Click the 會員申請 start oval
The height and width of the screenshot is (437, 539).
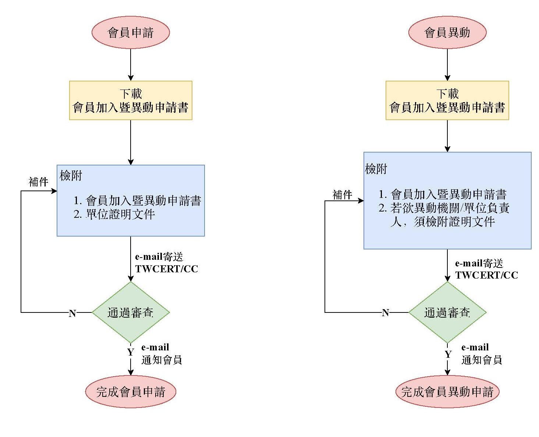pyautogui.click(x=131, y=32)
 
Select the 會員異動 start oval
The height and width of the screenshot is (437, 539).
pyautogui.click(x=447, y=32)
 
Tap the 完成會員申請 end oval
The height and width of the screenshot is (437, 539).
pyautogui.click(x=131, y=391)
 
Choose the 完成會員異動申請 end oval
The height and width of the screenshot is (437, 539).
pyautogui.click(x=447, y=391)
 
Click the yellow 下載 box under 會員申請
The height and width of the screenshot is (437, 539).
pyautogui.click(x=131, y=100)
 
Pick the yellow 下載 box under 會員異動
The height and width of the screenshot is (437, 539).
pyautogui.click(x=447, y=100)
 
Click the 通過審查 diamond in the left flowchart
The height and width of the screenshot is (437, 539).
pyautogui.click(x=131, y=312)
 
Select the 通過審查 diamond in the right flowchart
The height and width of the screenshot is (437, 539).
pyautogui.click(x=447, y=312)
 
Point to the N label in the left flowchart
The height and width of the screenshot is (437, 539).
pyautogui.click(x=72, y=313)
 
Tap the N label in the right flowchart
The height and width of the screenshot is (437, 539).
pyautogui.click(x=385, y=313)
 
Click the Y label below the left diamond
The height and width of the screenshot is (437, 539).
pyautogui.click(x=131, y=352)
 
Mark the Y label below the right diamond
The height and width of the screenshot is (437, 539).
pyautogui.click(x=448, y=354)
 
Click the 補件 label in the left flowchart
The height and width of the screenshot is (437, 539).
pyautogui.click(x=38, y=182)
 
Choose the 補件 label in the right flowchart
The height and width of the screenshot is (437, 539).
pyautogui.click(x=342, y=195)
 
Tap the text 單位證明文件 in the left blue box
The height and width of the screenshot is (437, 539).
pyautogui.click(x=120, y=214)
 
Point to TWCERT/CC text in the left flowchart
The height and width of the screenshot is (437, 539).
pyautogui.click(x=166, y=269)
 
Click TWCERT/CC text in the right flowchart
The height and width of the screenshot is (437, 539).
pyautogui.click(x=486, y=275)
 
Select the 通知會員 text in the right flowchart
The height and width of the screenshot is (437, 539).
pyautogui.click(x=482, y=360)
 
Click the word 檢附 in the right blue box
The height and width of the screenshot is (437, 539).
pyautogui.click(x=376, y=169)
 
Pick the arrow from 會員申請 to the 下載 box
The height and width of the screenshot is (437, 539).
pyautogui.click(x=131, y=64)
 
